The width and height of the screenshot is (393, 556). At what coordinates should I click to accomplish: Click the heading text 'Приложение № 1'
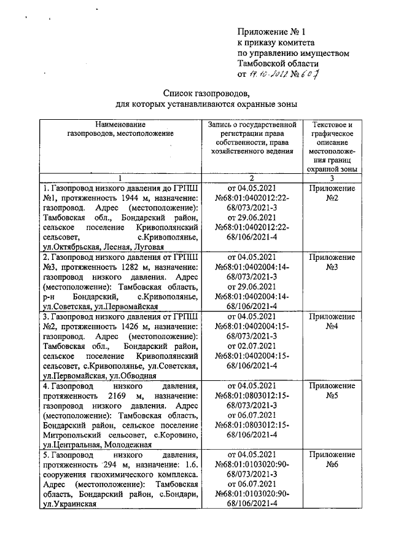point(271,31)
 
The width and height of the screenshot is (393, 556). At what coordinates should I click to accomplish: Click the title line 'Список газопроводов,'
point(206,93)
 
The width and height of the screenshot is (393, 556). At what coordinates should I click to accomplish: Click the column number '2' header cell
point(252,177)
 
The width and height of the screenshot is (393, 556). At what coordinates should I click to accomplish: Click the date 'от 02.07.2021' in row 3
point(252,347)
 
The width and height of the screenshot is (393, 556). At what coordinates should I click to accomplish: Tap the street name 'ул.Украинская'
point(68,504)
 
